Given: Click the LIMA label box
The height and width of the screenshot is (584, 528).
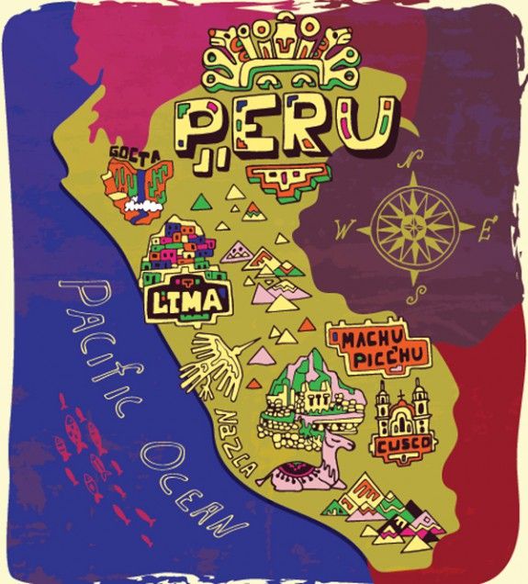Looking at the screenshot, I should [188, 299].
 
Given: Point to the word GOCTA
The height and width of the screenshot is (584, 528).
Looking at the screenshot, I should [134, 152].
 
